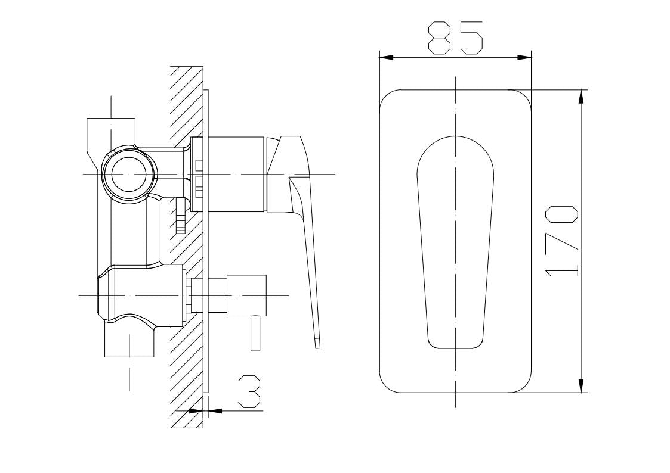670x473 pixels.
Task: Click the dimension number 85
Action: click(x=455, y=38)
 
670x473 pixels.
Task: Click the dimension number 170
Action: click(x=563, y=241)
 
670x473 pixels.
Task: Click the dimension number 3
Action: click(x=249, y=391)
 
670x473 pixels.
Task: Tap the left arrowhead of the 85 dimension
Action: click(x=386, y=57)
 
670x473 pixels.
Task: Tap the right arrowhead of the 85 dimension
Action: click(x=524, y=57)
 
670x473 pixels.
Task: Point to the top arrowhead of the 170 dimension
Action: click(x=581, y=97)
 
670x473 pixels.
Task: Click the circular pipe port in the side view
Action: click(x=129, y=174)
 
